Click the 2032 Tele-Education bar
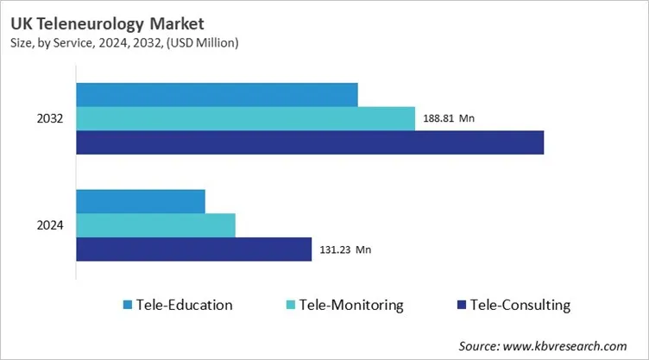point(217,95)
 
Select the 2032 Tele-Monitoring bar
point(245,118)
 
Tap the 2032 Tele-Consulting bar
point(310,142)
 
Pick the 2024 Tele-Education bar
point(141,201)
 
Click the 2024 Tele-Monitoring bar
point(155,225)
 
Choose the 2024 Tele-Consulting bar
point(194,249)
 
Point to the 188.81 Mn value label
point(449,118)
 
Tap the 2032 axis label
point(49,118)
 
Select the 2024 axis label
point(49,225)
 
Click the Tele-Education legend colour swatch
point(128,305)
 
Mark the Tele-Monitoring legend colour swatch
point(291,305)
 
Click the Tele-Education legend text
point(184,305)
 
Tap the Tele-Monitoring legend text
point(351,305)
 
